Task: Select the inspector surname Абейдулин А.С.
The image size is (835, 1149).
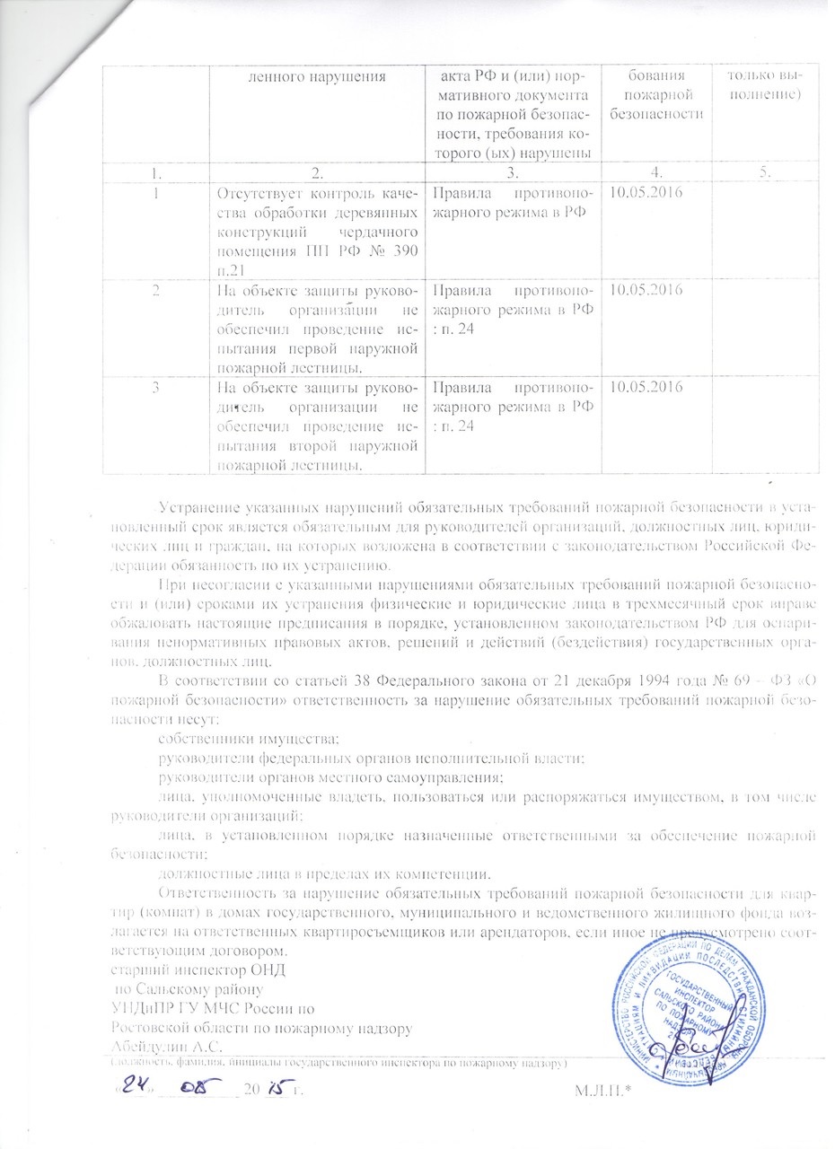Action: click(166, 1045)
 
